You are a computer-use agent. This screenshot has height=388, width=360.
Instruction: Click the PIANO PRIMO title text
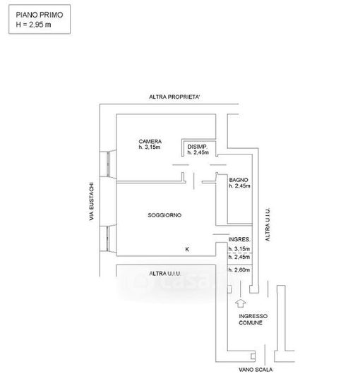[x=40, y=15]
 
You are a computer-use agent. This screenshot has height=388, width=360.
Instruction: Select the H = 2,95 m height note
[x=33, y=25]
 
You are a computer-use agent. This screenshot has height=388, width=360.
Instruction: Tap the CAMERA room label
[x=150, y=142]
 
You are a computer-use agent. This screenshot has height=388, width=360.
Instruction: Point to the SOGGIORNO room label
[x=164, y=215]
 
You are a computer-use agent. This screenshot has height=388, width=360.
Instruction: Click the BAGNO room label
[x=239, y=180]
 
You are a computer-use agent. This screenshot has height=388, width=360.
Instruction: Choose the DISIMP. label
[x=198, y=147]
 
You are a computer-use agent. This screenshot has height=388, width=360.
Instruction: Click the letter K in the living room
[x=187, y=249]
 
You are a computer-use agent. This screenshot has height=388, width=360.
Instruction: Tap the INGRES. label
[x=239, y=240]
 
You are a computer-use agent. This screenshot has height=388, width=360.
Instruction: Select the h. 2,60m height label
[x=239, y=269]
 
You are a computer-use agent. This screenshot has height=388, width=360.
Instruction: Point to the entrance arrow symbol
[x=241, y=303]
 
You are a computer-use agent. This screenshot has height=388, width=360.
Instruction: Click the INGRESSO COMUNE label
[x=253, y=320]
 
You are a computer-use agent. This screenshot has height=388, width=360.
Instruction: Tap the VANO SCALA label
[x=256, y=370]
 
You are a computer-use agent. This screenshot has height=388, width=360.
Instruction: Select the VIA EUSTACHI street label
[x=92, y=202]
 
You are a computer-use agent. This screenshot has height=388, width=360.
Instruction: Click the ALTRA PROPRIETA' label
[x=174, y=97]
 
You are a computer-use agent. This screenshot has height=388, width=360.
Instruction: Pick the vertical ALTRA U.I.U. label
[x=268, y=224]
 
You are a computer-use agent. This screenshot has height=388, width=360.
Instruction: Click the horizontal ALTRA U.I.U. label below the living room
[x=165, y=274]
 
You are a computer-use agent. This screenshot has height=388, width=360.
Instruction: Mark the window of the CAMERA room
[x=108, y=164]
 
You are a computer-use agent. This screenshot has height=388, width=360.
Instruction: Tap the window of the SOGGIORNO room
[x=108, y=238]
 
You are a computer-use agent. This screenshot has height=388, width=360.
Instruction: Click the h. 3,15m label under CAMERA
[x=150, y=147]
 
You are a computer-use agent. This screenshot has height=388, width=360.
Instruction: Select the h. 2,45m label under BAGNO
[x=239, y=186]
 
